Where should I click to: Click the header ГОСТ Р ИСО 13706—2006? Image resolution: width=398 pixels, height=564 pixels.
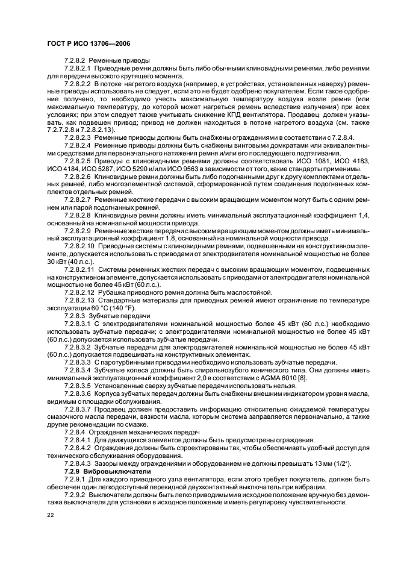point(89,44)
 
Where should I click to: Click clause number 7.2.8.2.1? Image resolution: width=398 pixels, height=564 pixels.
point(79,70)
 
